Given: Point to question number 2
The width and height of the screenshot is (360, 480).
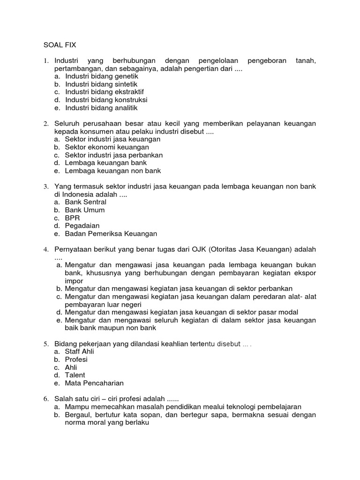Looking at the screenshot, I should point(46,124).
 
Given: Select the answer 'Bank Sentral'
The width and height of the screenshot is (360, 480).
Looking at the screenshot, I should point(86,202).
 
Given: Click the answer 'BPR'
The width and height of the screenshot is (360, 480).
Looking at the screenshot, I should point(73,218).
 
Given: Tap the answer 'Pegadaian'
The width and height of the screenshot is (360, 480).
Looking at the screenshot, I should point(82,225).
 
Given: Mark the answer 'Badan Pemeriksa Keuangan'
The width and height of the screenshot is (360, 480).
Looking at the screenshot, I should point(111,233).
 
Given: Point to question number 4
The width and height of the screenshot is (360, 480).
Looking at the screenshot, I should point(46,249).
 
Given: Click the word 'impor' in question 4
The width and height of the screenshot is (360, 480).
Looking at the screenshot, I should point(74,281).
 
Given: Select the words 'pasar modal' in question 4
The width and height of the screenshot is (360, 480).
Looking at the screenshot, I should point(279,312).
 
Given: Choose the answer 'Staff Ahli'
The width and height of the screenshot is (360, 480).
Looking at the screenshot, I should point(80,352).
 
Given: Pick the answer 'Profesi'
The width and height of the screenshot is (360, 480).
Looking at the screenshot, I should point(76,360).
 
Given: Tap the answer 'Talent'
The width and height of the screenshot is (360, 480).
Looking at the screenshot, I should point(75,375).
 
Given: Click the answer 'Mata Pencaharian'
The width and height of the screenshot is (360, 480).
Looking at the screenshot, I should point(94,383).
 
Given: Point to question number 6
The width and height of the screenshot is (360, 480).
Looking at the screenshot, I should point(46,399).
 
